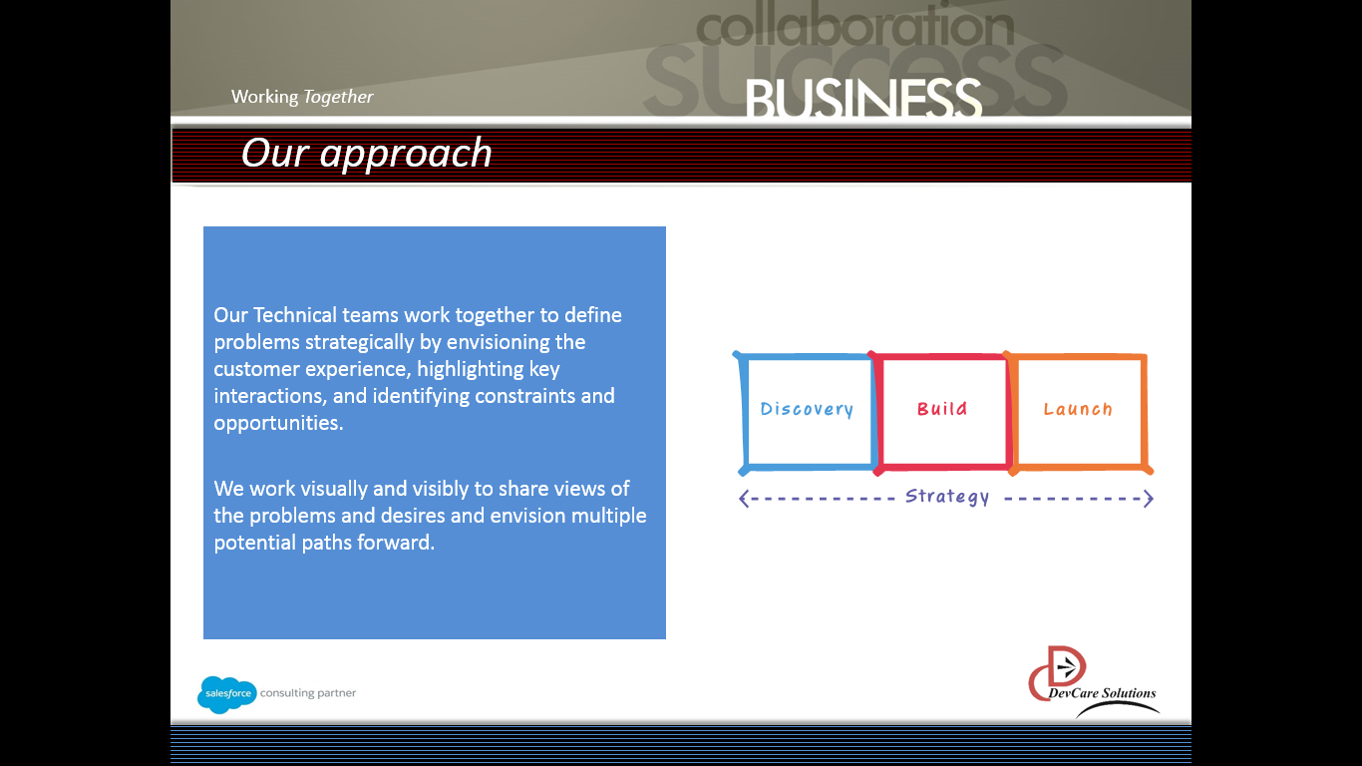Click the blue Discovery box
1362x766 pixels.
tap(807, 410)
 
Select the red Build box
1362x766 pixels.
tap(942, 410)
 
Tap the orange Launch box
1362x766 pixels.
tap(1078, 410)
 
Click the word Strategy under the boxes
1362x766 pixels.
tap(947, 497)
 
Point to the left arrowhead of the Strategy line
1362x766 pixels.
tap(744, 499)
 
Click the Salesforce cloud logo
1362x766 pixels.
tap(226, 693)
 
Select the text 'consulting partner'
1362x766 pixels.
tap(308, 693)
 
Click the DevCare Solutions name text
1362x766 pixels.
tap(1102, 693)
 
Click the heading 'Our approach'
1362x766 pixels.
tap(367, 154)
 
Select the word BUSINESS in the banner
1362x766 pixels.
tap(863, 100)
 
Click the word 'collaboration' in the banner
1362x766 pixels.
tap(854, 28)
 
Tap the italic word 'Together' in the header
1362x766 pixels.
tap(338, 97)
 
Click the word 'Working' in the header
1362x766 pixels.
tap(264, 97)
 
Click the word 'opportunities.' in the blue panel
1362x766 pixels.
tap(278, 423)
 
